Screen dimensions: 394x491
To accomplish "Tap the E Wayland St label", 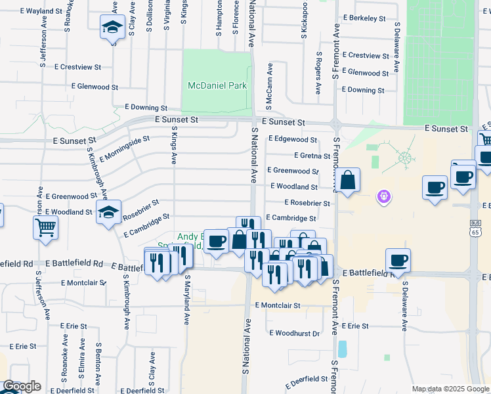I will point(41,11).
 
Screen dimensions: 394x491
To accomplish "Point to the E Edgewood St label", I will point(292,139).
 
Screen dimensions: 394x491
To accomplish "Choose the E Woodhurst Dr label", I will point(294,334).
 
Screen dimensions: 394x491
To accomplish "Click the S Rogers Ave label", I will point(318,72).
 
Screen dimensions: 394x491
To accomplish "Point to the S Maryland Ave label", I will point(186,299).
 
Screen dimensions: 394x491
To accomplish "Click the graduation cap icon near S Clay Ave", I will point(112,28).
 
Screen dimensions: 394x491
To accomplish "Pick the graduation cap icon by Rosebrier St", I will point(109,212).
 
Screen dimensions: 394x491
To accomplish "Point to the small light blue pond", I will point(342,348).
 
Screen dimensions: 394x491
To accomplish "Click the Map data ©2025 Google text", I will point(450,389).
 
